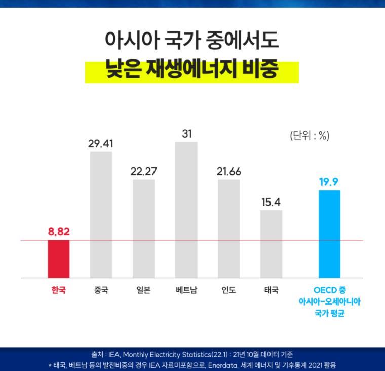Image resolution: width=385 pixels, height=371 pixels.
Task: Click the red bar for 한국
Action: click(58, 259)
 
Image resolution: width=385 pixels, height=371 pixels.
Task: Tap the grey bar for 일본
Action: click(143, 228)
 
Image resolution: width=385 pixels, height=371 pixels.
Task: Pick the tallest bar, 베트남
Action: click(186, 210)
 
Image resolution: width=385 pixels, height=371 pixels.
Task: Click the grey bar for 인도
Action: click(228, 228)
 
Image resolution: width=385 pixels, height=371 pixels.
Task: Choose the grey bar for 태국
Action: click(271, 244)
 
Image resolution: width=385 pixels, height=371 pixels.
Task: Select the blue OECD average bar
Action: click(329, 234)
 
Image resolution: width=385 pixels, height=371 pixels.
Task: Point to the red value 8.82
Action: click(59, 232)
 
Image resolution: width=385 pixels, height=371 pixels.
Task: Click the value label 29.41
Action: click(101, 144)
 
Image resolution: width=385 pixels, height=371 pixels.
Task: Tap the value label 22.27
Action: click(143, 172)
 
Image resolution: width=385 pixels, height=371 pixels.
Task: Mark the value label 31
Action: click(186, 134)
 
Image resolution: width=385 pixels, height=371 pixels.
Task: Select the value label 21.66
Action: click(228, 172)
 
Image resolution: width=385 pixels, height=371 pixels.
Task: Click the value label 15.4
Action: click(271, 202)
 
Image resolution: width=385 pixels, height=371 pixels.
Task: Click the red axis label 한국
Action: click(59, 291)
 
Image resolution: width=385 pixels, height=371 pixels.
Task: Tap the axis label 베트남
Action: click(186, 291)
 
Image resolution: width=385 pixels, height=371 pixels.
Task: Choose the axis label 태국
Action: click(271, 291)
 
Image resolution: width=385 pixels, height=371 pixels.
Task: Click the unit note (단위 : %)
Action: click(310, 136)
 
